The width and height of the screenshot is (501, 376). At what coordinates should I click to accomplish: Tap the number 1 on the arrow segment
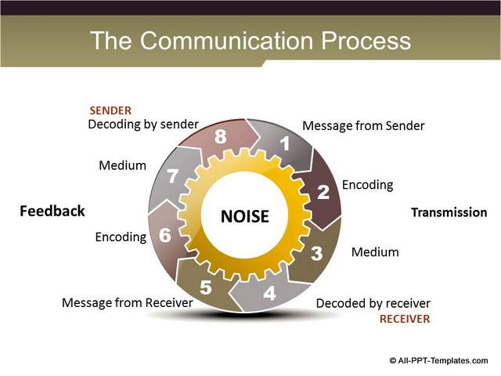point(286,144)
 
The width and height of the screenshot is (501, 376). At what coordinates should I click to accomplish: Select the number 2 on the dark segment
point(323,192)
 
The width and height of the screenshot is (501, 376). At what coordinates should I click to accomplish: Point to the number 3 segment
point(317,253)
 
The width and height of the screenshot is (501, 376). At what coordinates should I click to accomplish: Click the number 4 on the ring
point(269,295)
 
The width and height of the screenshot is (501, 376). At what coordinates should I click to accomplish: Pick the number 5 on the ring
point(205,287)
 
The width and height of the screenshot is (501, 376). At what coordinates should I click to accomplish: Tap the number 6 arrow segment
point(164,235)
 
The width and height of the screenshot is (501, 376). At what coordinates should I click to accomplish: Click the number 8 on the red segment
point(221,137)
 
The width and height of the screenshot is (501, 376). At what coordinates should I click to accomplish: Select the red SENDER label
point(110,110)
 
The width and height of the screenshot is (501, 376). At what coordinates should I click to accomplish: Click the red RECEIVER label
point(405,319)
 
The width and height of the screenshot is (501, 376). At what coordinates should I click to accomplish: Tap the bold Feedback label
point(52,211)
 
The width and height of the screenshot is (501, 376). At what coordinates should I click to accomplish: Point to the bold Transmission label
point(449,212)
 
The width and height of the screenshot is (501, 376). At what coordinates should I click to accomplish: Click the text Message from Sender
point(363,125)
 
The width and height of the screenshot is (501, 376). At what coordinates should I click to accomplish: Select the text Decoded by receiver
point(373,303)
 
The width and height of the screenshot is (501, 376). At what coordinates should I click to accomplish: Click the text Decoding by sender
point(143,124)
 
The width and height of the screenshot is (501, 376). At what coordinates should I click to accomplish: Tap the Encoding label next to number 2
point(367,185)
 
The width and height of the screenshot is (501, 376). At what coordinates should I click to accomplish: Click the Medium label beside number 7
point(123,165)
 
